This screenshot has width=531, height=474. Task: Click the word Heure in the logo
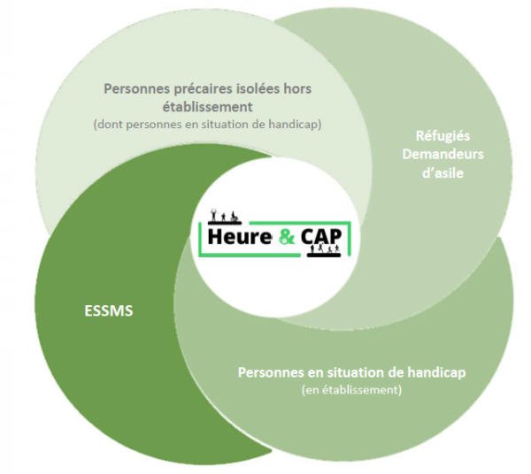[x=240, y=238]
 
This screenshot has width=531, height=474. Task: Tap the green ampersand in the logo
[x=289, y=238]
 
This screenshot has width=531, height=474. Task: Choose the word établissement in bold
[x=207, y=106]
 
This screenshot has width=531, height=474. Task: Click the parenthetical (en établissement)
[x=351, y=389]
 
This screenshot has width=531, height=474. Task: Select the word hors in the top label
[x=296, y=88]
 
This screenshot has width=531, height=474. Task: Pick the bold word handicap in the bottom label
[x=438, y=372]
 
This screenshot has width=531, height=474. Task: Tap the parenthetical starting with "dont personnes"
[x=207, y=125]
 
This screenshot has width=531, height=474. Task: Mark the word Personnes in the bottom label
[x=267, y=372]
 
